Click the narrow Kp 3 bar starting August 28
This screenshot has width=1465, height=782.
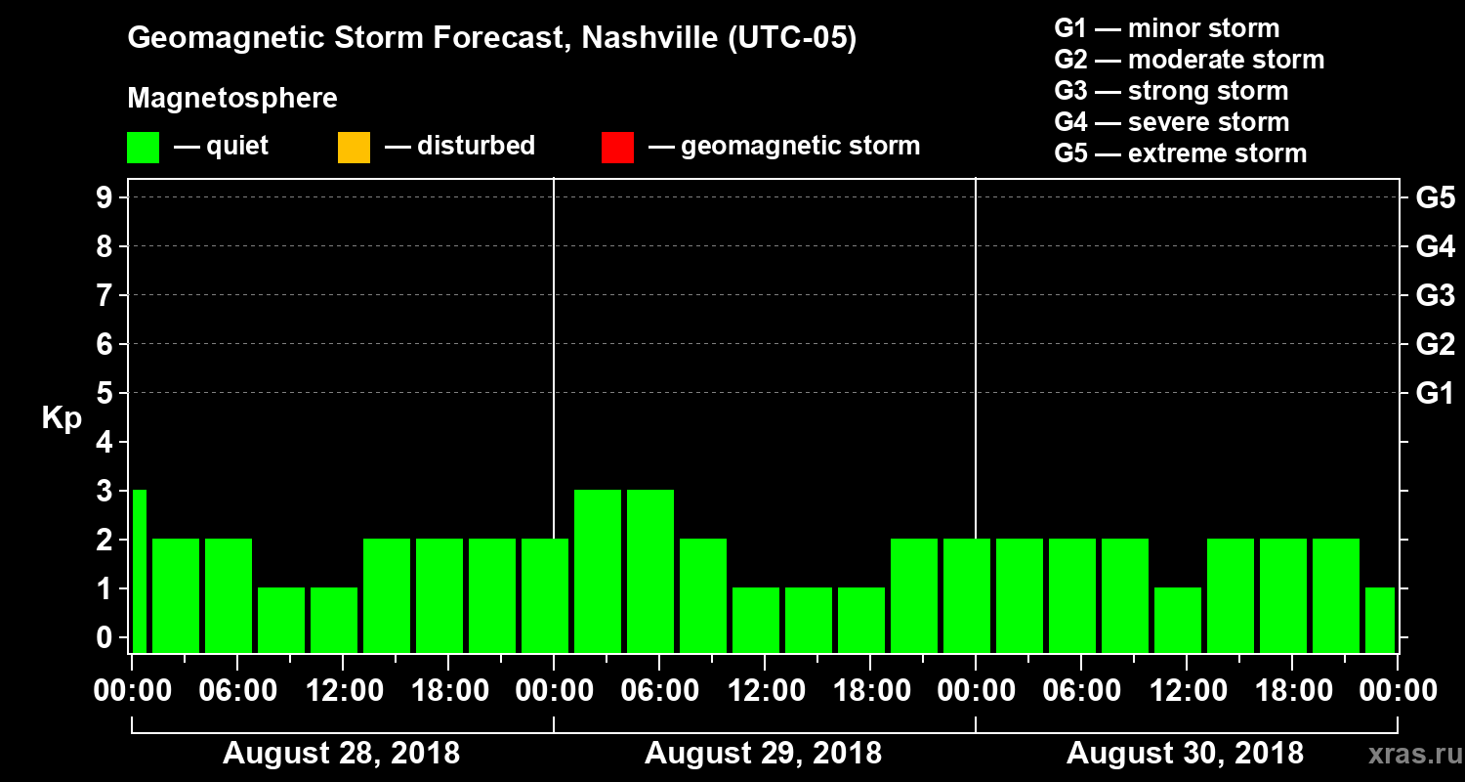point(139,571)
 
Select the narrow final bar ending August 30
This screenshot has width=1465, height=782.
point(1379,620)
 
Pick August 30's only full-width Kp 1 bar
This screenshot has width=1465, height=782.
point(1178,620)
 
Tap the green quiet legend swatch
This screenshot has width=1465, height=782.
point(143,148)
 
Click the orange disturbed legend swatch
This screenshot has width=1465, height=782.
point(354,148)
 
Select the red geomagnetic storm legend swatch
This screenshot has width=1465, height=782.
point(617,148)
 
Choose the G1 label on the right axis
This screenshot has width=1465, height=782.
point(1435,394)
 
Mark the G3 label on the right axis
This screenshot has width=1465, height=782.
point(1435,296)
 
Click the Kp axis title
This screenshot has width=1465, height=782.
point(62,418)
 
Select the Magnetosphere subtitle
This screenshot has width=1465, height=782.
point(232,99)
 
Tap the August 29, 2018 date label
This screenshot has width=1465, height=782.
point(763,754)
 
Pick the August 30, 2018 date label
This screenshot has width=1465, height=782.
point(1185,754)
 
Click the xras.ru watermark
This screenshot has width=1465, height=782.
point(1407,754)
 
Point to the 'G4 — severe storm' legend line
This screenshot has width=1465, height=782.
point(1171,122)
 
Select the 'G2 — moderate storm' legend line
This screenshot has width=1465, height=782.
point(1189,60)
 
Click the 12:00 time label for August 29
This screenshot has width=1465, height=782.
point(765,691)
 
